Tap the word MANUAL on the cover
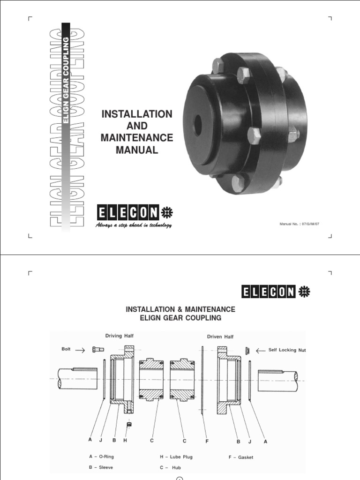pos(137,150)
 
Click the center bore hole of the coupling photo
pos(197,123)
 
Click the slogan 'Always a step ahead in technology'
pos(134,225)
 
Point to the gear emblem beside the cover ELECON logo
pos(167,213)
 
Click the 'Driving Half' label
pos(119,336)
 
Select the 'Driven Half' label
pos(220,337)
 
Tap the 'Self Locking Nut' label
pos(287,350)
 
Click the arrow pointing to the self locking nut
pos(260,350)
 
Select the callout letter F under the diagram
pos(207,441)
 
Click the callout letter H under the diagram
pos(125,441)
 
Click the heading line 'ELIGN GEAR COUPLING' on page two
pos(180,318)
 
